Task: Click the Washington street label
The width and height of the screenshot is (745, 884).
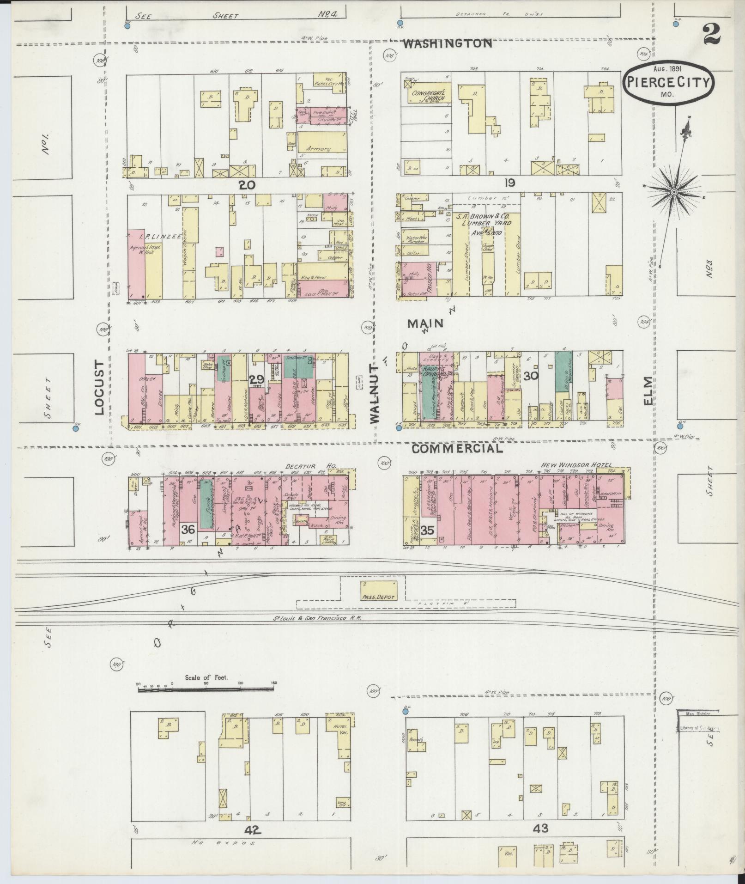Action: pyautogui.click(x=447, y=43)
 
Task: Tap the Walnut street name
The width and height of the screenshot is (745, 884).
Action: pyautogui.click(x=374, y=392)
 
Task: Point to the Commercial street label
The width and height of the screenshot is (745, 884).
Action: pyautogui.click(x=457, y=449)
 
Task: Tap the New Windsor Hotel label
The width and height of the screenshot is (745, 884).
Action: pyautogui.click(x=576, y=465)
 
